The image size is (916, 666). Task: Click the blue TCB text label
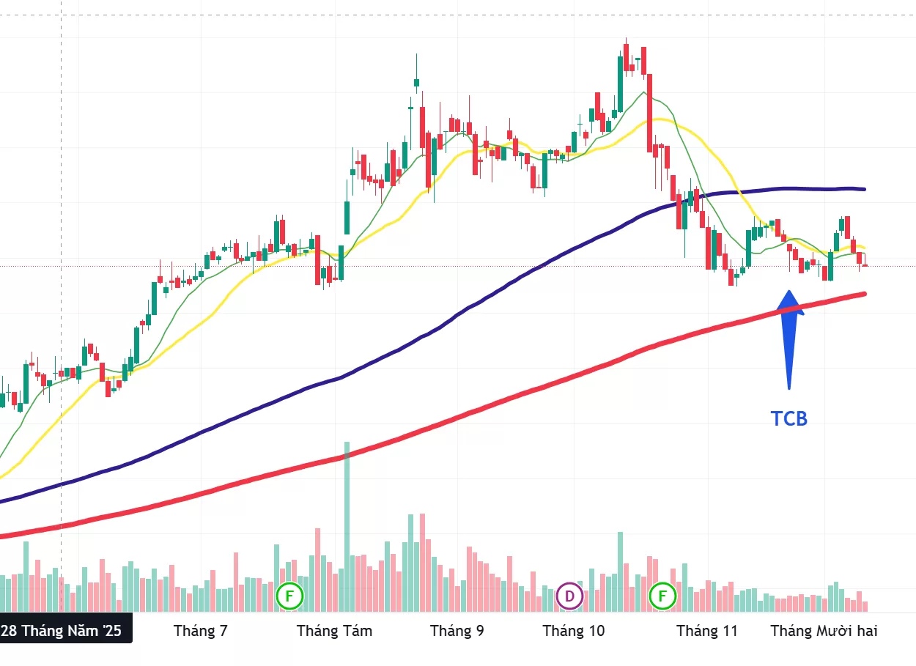pyautogui.click(x=788, y=418)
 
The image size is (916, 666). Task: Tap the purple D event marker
pyautogui.click(x=569, y=596)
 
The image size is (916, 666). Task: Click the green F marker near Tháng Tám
pyautogui.click(x=289, y=596)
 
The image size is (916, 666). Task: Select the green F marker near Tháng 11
pyautogui.click(x=663, y=596)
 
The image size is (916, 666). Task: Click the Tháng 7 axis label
pyautogui.click(x=200, y=631)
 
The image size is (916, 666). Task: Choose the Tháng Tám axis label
pyautogui.click(x=334, y=631)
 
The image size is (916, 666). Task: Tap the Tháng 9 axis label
pyautogui.click(x=457, y=631)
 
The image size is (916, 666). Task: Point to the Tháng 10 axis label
pyautogui.click(x=574, y=631)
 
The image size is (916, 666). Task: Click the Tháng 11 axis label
pyautogui.click(x=706, y=631)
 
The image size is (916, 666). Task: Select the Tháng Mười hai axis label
pyautogui.click(x=824, y=631)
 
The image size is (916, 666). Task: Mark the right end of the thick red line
pyautogui.click(x=865, y=295)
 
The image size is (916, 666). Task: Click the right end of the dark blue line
pyautogui.click(x=865, y=189)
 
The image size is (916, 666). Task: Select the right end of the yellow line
pyautogui.click(x=865, y=248)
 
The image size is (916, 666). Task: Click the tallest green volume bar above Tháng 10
pyautogui.click(x=620, y=571)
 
